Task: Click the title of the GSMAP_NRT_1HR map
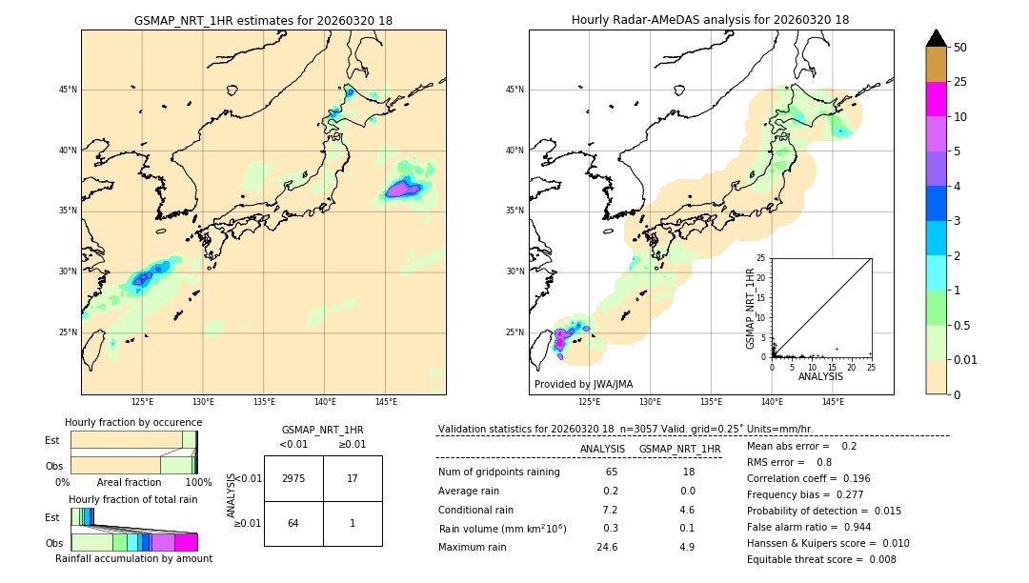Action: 263,20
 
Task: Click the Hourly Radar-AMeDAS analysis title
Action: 710,20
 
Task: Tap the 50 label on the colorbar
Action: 960,48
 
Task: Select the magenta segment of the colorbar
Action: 936,99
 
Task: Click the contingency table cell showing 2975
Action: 293,478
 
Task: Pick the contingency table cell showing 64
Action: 293,523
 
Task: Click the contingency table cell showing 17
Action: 353,478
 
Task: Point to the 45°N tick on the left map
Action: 68,90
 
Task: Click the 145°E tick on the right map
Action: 833,402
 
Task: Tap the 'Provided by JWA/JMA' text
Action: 583,384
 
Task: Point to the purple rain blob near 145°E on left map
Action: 404,189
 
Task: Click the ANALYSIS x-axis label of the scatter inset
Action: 820,376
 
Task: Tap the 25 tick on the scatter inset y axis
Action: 761,258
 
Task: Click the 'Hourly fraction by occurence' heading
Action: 133,422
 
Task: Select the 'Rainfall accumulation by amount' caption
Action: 133,559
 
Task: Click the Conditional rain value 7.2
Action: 610,510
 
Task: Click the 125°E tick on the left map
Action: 143,402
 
